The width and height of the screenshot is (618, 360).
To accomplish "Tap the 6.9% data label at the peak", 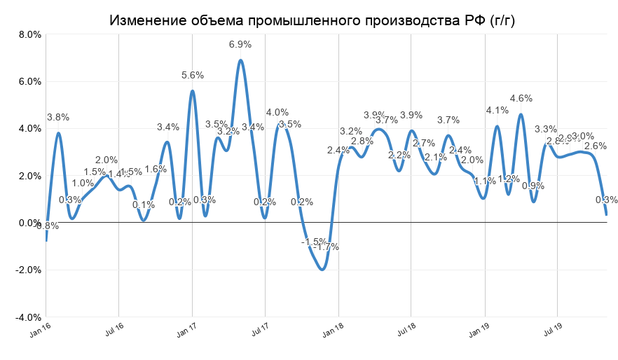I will (240, 44).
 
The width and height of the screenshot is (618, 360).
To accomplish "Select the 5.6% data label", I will (193, 75).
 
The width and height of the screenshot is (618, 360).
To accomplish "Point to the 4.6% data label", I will (521, 98).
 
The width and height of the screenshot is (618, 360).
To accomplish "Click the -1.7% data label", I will (326, 247).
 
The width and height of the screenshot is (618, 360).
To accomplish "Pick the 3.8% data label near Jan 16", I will (58, 117).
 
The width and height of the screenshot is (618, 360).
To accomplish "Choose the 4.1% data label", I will (497, 110).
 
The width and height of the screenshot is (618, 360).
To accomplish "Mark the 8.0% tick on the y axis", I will (29, 34).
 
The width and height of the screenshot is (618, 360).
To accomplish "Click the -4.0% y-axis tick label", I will (27, 317).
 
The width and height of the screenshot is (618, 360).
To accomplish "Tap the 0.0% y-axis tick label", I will (29, 223).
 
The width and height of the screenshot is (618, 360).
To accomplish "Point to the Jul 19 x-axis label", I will (553, 331).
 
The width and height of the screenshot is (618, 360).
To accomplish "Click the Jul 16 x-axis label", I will (114, 331).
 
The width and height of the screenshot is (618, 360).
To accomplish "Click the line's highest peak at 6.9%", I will (240, 60).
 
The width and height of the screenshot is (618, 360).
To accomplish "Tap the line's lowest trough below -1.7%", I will (322, 269).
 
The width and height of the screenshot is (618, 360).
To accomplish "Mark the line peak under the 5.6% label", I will (192, 90).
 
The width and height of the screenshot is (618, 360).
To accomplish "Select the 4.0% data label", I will (277, 112).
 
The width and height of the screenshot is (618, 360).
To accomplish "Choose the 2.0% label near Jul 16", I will (107, 160).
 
